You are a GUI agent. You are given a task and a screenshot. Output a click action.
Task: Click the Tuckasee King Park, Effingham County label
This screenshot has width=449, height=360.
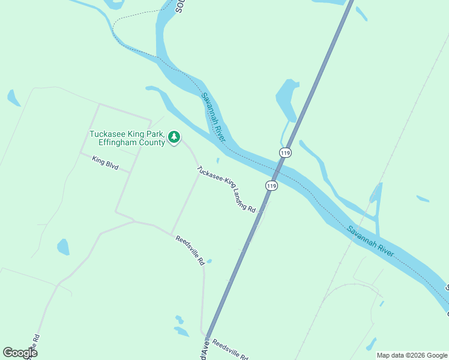[x=127, y=138]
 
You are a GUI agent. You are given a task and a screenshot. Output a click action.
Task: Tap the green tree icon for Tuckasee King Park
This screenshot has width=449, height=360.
[x=174, y=137]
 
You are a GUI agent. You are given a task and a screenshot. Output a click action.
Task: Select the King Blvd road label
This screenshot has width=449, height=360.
[x=105, y=163]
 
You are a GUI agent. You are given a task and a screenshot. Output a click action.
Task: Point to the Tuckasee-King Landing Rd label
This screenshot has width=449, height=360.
[x=226, y=189]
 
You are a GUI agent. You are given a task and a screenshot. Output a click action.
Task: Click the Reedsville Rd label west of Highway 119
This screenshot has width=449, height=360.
[x=190, y=250]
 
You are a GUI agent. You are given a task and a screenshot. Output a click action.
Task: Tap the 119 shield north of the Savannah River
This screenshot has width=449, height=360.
[x=285, y=154]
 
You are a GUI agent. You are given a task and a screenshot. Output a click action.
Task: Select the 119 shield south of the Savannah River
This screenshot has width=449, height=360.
[x=271, y=186]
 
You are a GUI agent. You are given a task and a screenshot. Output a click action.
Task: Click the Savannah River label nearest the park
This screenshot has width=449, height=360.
[x=213, y=117]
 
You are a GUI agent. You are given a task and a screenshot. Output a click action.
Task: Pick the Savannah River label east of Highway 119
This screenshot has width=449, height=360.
[x=370, y=241]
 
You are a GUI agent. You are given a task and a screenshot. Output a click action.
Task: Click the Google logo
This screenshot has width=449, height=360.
[x=20, y=352]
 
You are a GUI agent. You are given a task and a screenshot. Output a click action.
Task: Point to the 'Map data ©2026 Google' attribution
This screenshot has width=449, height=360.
[x=412, y=355]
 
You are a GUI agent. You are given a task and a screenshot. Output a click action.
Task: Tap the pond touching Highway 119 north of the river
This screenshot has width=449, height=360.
[x=287, y=99]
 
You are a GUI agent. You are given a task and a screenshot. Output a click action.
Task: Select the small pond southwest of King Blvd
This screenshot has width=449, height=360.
[x=63, y=246]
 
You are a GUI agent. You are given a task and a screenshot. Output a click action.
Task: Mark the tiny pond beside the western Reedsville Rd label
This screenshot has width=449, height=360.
[x=209, y=261]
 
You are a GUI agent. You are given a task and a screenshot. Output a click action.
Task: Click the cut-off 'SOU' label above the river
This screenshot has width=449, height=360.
[x=179, y=6]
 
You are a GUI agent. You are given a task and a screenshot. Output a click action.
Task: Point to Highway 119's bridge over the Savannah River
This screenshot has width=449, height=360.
[x=279, y=170]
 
